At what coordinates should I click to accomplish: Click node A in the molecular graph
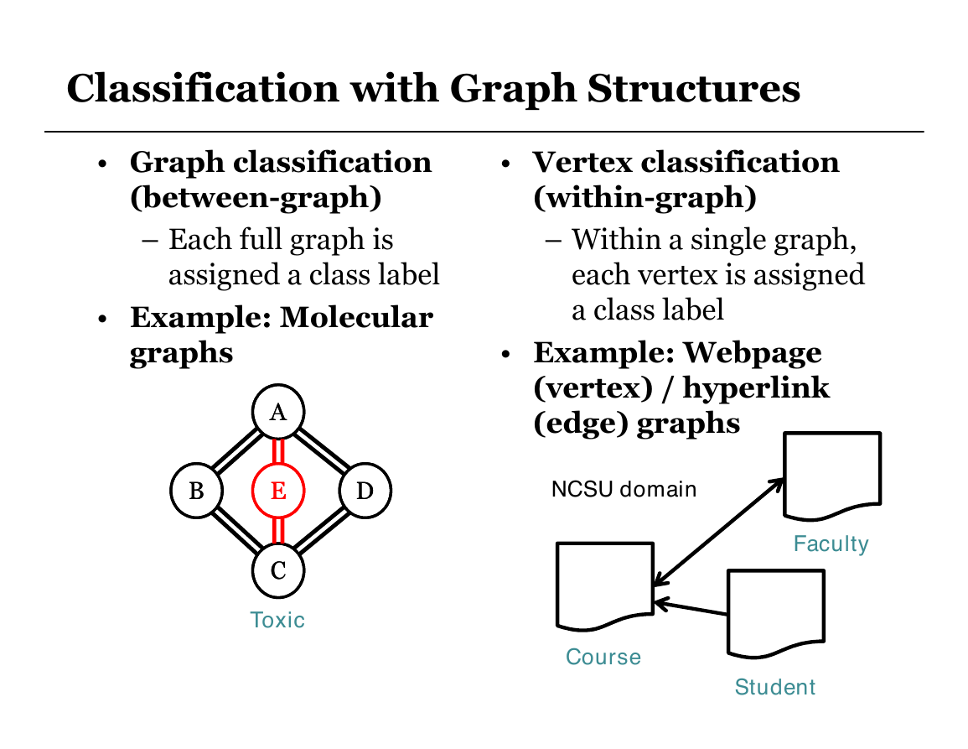pyautogui.click(x=278, y=411)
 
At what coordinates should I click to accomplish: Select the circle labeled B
pyautogui.click(x=196, y=491)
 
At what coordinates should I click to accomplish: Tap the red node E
pyautogui.click(x=278, y=491)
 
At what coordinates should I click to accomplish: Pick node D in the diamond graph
pyautogui.click(x=365, y=491)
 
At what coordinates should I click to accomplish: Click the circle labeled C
pyautogui.click(x=278, y=570)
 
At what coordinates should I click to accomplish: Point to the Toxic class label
pyautogui.click(x=277, y=620)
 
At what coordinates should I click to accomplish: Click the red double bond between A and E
pyautogui.click(x=278, y=450)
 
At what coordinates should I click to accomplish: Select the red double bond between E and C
pyautogui.click(x=278, y=531)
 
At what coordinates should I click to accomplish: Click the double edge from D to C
pyautogui.click(x=322, y=531)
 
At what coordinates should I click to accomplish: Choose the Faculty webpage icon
pyautogui.click(x=832, y=476)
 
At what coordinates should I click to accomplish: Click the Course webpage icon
pyautogui.click(x=605, y=586)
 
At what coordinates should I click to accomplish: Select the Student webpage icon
pyautogui.click(x=776, y=614)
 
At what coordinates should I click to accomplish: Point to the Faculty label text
pyautogui.click(x=831, y=544)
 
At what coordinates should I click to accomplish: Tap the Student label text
pyautogui.click(x=774, y=687)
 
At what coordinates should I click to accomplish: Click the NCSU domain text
pyautogui.click(x=624, y=490)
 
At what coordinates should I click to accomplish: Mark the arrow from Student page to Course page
pyautogui.click(x=691, y=607)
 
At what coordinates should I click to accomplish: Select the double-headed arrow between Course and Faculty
pyautogui.click(x=718, y=532)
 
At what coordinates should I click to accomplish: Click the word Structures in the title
pyautogui.click(x=693, y=88)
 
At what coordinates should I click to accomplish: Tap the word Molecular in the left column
pyautogui.click(x=356, y=318)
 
